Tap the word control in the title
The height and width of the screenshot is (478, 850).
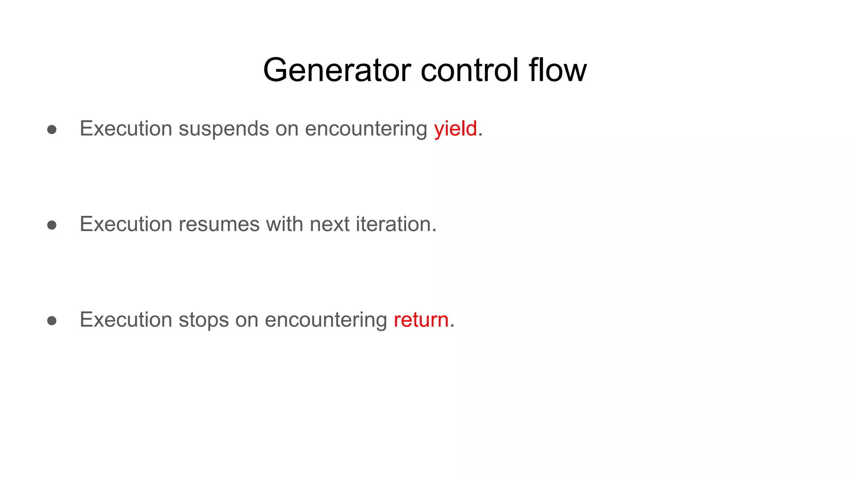(x=469, y=70)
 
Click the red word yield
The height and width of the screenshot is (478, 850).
(x=455, y=129)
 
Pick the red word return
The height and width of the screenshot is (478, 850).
(x=421, y=320)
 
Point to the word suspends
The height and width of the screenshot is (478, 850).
(x=224, y=129)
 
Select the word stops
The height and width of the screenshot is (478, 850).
(x=203, y=320)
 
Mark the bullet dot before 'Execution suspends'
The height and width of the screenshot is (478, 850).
(x=52, y=129)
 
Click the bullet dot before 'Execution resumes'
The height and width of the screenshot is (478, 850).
(x=52, y=225)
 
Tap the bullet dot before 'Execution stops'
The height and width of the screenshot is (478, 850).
(x=52, y=321)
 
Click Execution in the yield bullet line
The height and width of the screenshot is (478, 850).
(x=126, y=129)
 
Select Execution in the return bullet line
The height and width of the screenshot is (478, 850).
(x=126, y=320)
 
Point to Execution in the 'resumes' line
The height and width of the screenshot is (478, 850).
(x=126, y=224)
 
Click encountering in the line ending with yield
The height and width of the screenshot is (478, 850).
(x=366, y=129)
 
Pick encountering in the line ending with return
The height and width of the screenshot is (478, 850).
(x=326, y=320)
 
